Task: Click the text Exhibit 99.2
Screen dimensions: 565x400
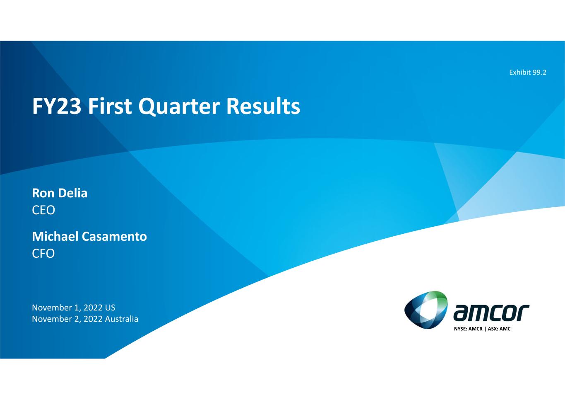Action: click(528, 73)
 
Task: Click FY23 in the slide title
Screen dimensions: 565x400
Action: click(57, 106)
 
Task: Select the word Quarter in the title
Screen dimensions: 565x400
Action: click(179, 107)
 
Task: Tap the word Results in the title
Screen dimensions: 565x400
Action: click(263, 106)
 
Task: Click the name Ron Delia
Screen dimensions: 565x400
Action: click(60, 193)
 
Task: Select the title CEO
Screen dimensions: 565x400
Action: click(43, 210)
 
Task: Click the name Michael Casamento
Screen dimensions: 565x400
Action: click(89, 237)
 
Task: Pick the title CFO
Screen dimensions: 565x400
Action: click(43, 254)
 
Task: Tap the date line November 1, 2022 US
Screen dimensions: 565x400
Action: click(74, 308)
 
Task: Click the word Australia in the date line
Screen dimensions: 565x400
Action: click(122, 319)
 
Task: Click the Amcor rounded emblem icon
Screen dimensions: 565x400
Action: click(426, 310)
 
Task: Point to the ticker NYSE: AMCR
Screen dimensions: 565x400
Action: click(468, 329)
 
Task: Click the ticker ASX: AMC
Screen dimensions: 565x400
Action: click(499, 329)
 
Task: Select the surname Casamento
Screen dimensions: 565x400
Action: click(114, 237)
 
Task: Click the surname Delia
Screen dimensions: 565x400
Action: click(73, 193)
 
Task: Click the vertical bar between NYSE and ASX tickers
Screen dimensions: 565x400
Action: click(485, 329)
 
